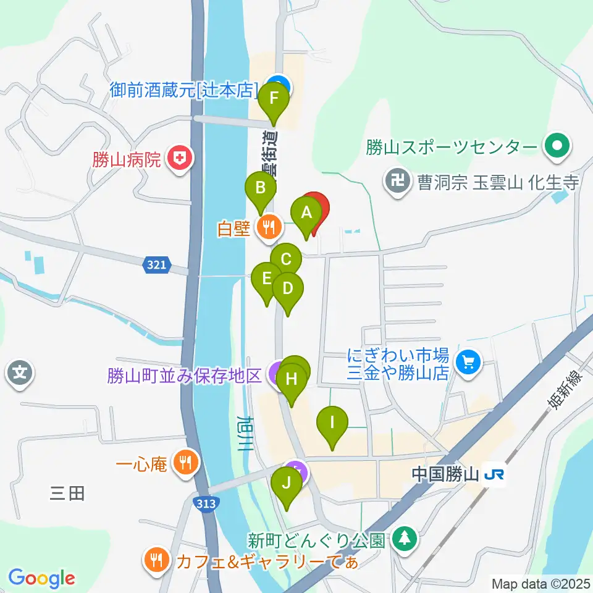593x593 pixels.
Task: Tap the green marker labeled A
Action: (306, 214)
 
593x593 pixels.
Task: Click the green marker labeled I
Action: (332, 424)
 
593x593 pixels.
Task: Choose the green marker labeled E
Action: (267, 279)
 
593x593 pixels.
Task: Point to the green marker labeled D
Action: (287, 289)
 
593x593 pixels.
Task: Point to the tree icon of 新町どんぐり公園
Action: (405, 539)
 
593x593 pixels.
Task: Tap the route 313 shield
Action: (206, 503)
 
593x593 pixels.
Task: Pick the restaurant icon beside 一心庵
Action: (185, 461)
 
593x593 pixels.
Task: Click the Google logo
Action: (41, 578)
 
